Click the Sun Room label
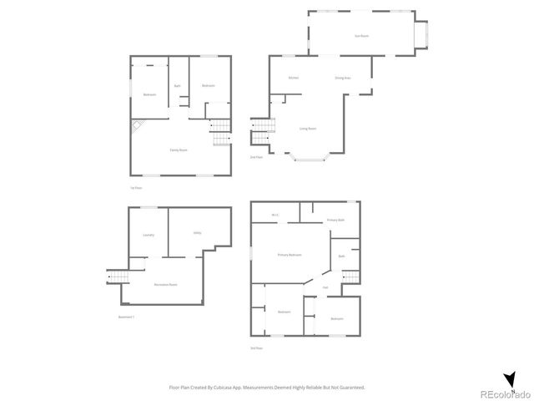(362, 35)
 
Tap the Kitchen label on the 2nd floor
(294, 79)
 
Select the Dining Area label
(342, 79)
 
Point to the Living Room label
(308, 129)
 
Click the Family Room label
(179, 150)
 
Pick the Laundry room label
(149, 235)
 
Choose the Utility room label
(198, 233)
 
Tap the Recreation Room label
(165, 285)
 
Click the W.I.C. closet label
(275, 216)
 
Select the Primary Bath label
(335, 220)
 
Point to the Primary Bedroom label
(290, 254)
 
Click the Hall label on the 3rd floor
(325, 288)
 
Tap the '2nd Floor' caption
(256, 157)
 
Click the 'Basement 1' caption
(127, 317)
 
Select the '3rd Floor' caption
(256, 348)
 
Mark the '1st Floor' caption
(134, 188)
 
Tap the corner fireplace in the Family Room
(136, 125)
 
